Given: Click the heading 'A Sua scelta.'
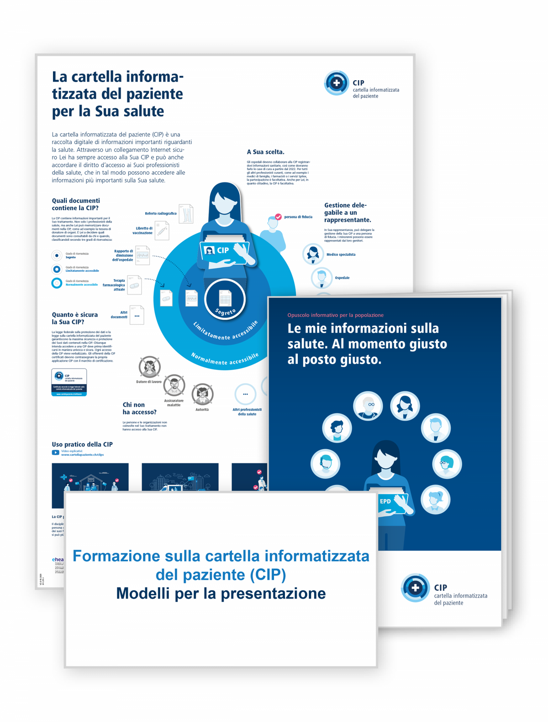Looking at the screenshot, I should (265, 152).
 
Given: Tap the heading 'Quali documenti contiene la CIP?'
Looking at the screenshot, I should (76, 204).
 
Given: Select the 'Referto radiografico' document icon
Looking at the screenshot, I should (186, 213).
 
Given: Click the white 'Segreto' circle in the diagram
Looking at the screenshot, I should (225, 300).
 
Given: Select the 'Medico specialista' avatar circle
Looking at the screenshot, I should (313, 255).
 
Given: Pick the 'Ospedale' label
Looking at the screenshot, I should (342, 278).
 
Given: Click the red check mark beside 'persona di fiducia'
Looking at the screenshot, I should (278, 217).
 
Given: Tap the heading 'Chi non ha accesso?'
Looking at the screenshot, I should (139, 408).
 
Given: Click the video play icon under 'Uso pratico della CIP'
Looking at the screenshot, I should (55, 452).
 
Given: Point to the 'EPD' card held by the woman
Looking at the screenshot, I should (386, 502).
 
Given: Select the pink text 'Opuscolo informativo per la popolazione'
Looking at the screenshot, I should (335, 315).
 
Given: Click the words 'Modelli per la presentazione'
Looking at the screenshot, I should (221, 593).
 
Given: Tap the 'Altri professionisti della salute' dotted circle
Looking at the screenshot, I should (245, 395).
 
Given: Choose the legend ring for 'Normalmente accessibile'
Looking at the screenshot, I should (57, 283).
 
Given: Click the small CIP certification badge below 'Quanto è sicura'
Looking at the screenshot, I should (69, 382).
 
